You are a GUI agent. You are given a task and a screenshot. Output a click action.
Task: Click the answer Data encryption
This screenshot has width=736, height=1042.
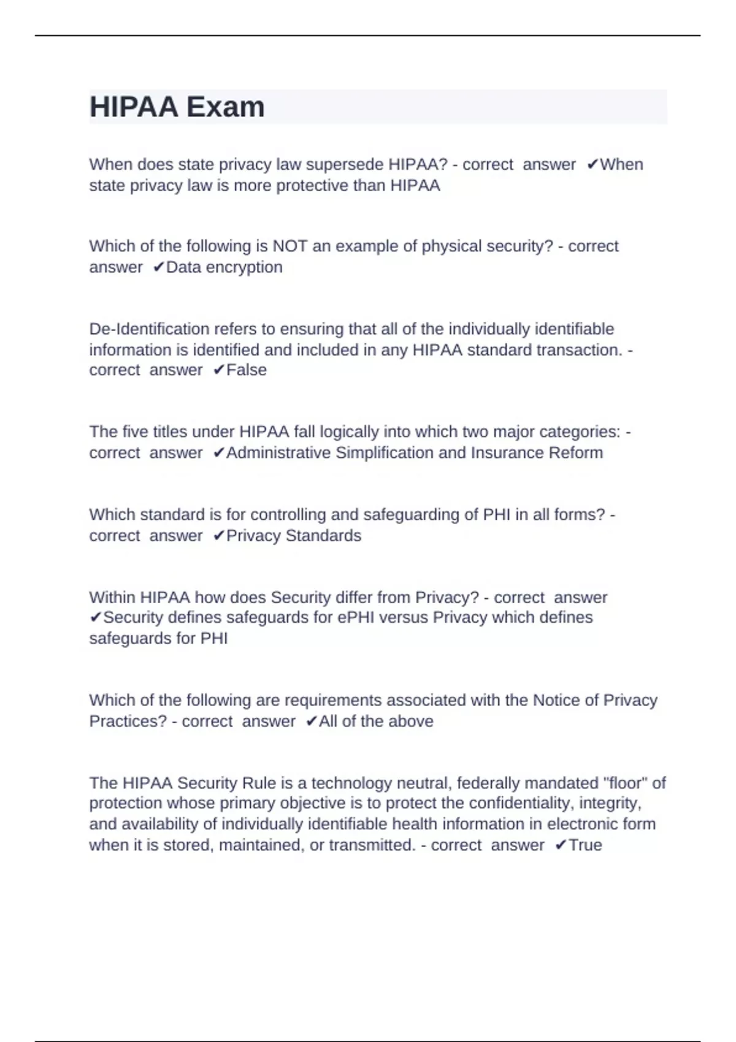click(x=224, y=267)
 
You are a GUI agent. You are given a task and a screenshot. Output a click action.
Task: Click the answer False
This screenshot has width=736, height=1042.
click(x=247, y=370)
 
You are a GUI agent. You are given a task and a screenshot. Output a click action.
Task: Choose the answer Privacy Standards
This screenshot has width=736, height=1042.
click(x=293, y=536)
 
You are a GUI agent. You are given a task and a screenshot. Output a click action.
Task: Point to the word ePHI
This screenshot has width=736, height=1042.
click(x=356, y=617)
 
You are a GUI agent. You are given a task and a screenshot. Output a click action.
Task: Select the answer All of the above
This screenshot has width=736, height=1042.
click(x=375, y=721)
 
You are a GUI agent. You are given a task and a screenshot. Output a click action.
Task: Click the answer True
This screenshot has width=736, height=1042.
click(x=585, y=845)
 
